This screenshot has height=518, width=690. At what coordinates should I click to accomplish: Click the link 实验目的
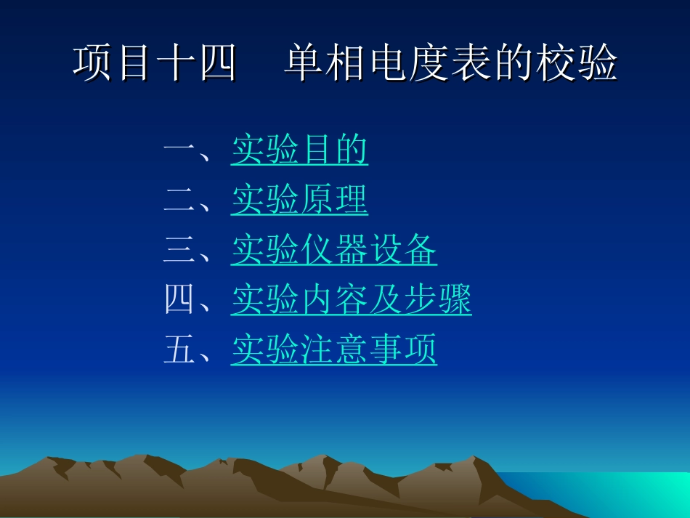299,151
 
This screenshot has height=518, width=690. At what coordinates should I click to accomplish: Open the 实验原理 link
299,201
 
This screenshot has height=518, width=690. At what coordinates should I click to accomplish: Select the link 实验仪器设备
334,251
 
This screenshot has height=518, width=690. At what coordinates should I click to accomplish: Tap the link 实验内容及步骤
352,301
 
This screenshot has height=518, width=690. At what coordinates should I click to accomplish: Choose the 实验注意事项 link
334,350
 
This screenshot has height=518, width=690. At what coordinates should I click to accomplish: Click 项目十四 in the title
155,64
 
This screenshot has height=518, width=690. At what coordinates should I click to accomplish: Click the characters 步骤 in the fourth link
437,301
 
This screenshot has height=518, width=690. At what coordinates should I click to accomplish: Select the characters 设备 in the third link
403,251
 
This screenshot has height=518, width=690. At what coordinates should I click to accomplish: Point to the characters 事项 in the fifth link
403,350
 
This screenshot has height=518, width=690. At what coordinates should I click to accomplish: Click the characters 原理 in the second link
334,201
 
